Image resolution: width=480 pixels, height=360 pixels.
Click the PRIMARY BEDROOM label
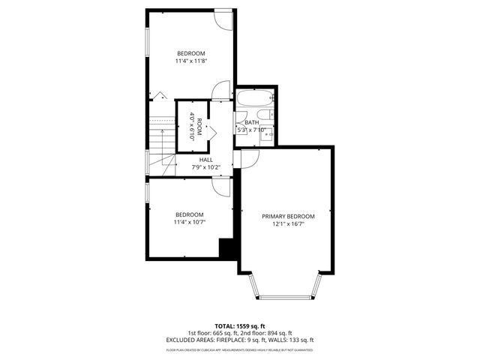[x=288, y=216]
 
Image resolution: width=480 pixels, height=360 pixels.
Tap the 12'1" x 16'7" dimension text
[x=288, y=223]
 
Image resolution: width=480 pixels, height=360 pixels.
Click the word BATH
[x=251, y=123]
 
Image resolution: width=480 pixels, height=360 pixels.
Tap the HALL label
[x=205, y=160]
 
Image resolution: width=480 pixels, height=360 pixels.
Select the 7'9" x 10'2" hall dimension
[x=205, y=166]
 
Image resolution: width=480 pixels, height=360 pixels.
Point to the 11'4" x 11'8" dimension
[x=190, y=61]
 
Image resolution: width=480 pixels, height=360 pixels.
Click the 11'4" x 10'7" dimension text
[x=190, y=222]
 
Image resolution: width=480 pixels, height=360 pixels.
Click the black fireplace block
[x=226, y=247]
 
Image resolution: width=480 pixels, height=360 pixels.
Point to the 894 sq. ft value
[x=279, y=333]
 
